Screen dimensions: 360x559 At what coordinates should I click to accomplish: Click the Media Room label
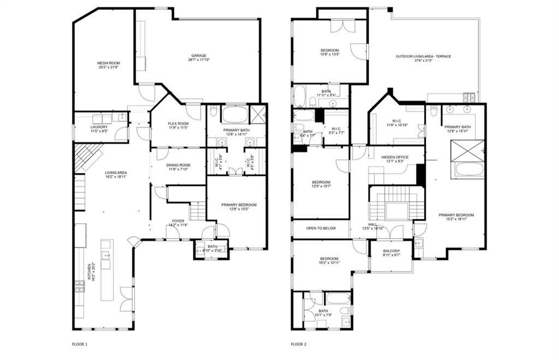[109, 65]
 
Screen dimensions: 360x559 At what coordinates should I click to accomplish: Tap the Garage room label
[198, 57]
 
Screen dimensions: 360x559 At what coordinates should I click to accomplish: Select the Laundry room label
[99, 129]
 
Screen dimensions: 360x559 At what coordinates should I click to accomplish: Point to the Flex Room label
[178, 126]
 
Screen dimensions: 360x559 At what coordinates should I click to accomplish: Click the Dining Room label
[178, 167]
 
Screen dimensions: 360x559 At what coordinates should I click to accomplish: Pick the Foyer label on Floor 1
[178, 222]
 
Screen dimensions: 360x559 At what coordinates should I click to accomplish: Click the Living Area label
[116, 174]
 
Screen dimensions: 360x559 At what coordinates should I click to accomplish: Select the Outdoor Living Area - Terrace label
[423, 58]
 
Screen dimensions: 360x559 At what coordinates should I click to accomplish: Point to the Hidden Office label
[395, 159]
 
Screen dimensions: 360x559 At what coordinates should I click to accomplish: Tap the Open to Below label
[321, 228]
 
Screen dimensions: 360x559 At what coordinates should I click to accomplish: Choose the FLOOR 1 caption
[80, 344]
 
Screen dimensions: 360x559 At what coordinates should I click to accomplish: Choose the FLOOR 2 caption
[299, 344]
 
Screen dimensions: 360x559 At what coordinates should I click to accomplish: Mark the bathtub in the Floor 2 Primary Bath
[469, 169]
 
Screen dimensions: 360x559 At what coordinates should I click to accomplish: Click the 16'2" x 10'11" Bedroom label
[329, 261]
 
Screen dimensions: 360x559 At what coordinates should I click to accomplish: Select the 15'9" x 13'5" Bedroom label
[330, 52]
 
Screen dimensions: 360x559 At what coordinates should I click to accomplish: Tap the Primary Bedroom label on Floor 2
[456, 217]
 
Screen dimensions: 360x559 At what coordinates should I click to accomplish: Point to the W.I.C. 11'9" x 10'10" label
[397, 123]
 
